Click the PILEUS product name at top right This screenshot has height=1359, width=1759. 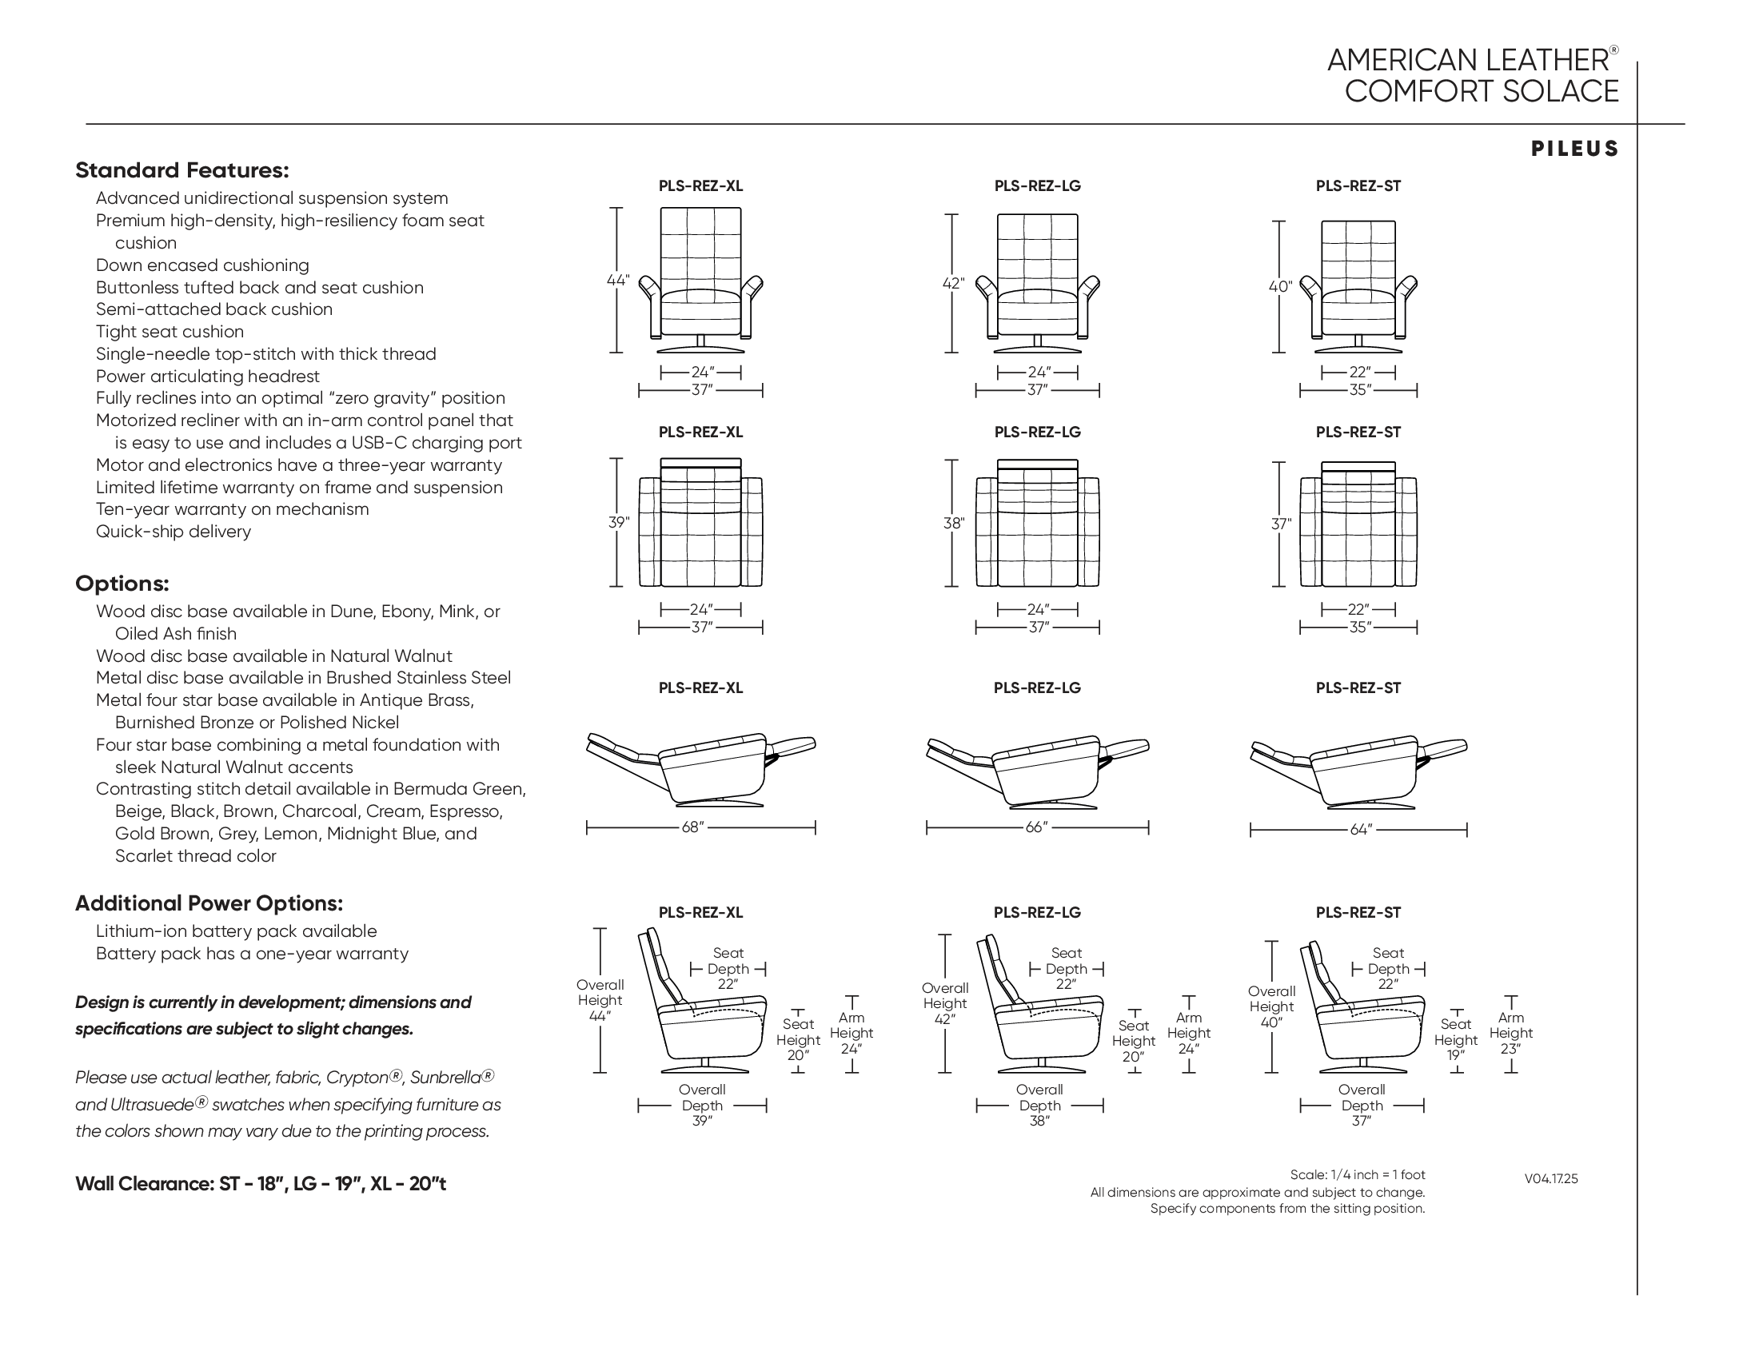(x=1574, y=149)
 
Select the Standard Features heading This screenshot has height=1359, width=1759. (x=181, y=171)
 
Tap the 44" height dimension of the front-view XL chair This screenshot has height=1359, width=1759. (x=617, y=280)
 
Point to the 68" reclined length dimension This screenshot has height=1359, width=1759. (x=692, y=827)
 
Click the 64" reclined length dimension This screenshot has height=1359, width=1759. (x=1360, y=829)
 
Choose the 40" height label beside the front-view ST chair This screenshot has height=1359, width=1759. (x=1280, y=287)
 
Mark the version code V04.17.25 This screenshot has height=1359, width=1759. (x=1550, y=1179)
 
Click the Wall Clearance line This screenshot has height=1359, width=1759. (x=260, y=1183)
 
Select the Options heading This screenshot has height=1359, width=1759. (x=122, y=584)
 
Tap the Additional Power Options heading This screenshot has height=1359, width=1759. (x=209, y=903)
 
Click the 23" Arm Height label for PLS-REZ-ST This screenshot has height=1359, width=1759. (x=1510, y=1034)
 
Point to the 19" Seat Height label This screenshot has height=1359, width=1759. (x=1455, y=1040)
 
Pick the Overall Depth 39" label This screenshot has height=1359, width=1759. (x=701, y=1106)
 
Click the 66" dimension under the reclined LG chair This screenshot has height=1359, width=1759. (x=1035, y=827)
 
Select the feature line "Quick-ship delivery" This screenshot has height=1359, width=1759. (x=174, y=532)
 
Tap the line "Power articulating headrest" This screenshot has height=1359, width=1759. (x=207, y=376)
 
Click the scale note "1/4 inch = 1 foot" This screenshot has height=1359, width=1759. (x=1357, y=1175)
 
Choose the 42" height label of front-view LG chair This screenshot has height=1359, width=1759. (x=953, y=284)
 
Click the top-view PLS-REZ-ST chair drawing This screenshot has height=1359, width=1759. (x=1358, y=524)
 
